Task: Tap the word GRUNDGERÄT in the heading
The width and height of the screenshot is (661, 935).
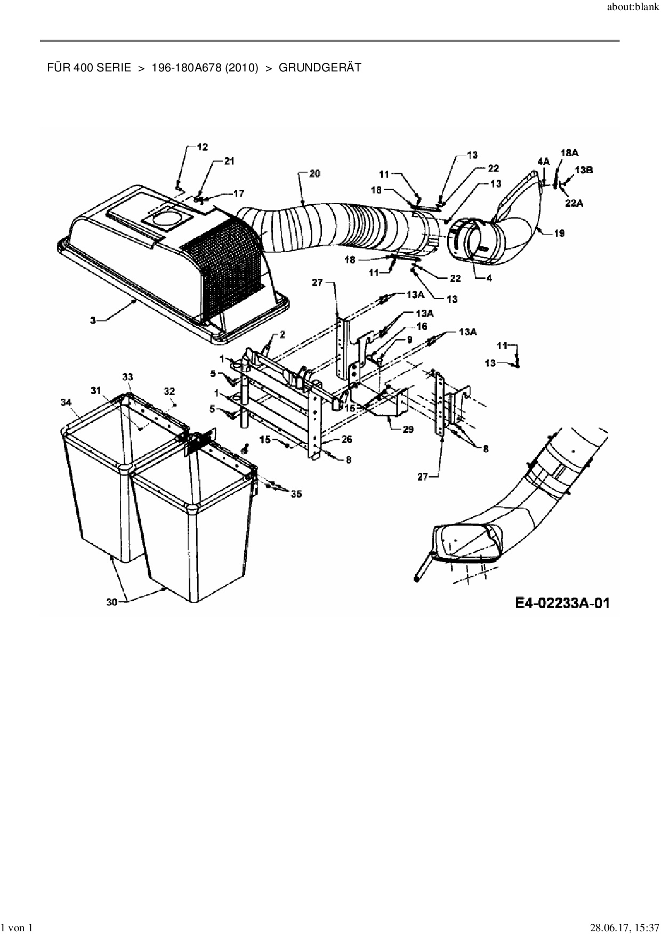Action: (x=320, y=68)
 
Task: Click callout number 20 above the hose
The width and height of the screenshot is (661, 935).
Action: (x=315, y=174)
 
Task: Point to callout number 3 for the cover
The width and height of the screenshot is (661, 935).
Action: (x=93, y=320)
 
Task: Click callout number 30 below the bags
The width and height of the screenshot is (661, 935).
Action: (x=112, y=601)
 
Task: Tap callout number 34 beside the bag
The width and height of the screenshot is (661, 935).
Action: (x=66, y=402)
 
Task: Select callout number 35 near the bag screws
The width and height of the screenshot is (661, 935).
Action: (x=296, y=494)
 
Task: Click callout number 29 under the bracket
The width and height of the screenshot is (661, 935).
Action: (x=408, y=429)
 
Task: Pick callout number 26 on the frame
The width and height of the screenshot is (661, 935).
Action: (x=346, y=440)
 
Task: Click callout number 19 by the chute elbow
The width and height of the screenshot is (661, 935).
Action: (x=559, y=233)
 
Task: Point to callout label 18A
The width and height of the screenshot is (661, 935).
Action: (x=569, y=152)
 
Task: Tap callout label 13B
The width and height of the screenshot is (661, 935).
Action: (x=584, y=170)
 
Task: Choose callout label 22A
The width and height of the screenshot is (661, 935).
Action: (x=573, y=202)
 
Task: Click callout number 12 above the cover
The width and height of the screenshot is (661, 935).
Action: (x=203, y=147)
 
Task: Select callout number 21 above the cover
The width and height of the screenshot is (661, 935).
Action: (x=229, y=161)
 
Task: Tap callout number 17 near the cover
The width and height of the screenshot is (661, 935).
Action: (x=238, y=194)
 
